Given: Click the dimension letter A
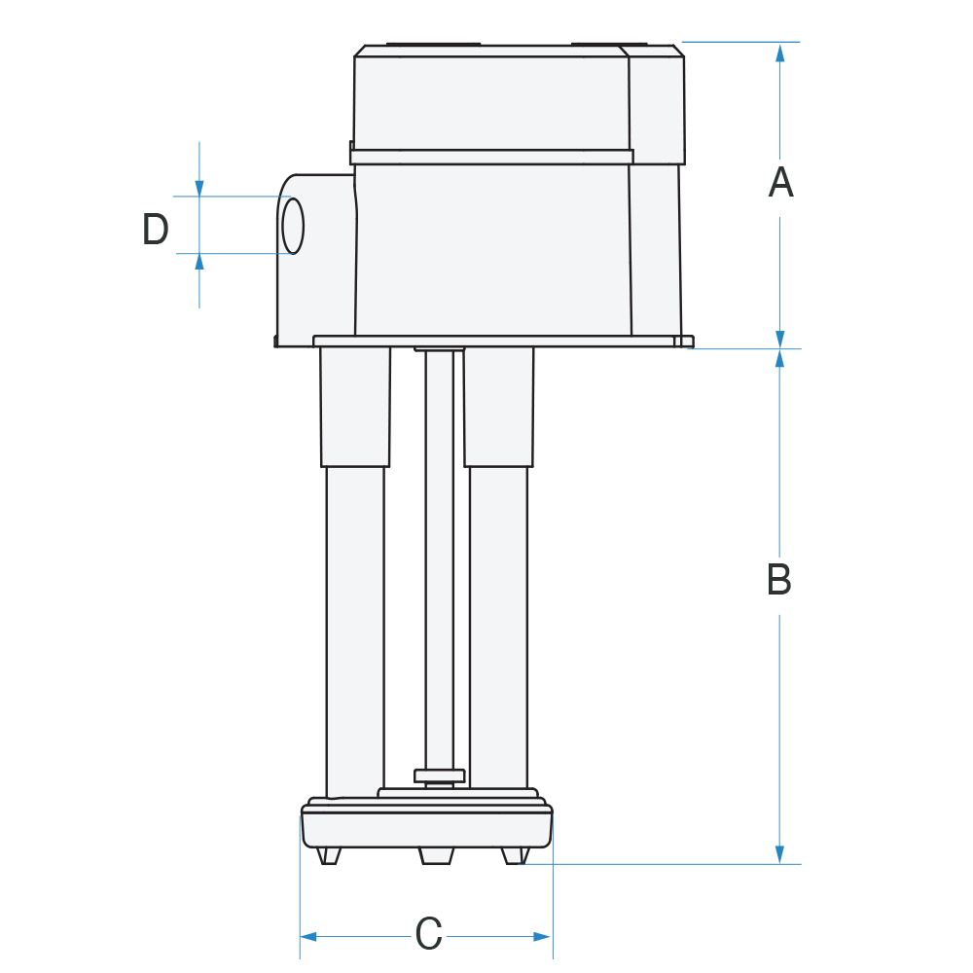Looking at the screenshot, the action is pos(780,183).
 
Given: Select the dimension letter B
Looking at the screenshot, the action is pos(778,579).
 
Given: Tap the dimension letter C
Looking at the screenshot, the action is pos(428,933).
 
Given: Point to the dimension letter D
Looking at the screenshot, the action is pos(155,229).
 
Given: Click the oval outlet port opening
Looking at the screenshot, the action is pos(293,226).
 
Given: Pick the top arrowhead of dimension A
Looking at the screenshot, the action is pos(780,53).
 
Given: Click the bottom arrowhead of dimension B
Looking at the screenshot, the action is pos(779,854).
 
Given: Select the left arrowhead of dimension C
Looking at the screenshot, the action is pos(308,936).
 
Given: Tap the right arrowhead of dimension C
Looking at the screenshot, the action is pos(543,936).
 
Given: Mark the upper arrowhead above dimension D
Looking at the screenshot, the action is pos(199,188).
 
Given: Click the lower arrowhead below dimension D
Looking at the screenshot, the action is pos(199,262).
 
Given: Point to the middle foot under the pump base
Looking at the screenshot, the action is pos(436,855).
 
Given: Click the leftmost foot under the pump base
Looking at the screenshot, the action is pos(328,855).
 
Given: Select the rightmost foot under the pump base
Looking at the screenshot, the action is pos(515,855).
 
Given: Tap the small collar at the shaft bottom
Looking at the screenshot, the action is pos(440,775).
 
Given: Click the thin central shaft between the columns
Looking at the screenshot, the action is pos(440,559).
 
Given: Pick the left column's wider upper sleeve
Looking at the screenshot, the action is pos(355,407).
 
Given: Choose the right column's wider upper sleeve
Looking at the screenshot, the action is pos(499,407).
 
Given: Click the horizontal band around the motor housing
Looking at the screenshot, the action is pos(491,157).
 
